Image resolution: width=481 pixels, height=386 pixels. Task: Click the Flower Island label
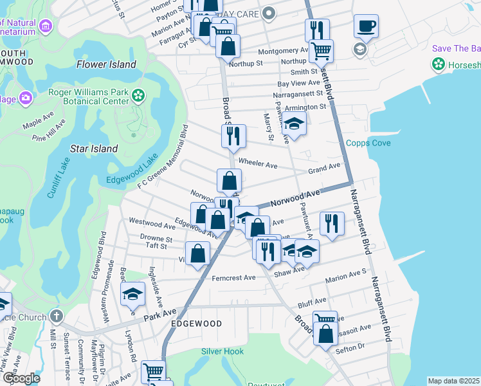[x=106, y=64]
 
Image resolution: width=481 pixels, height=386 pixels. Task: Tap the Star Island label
[x=94, y=149]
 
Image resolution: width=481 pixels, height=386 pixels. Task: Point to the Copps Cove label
[x=368, y=143]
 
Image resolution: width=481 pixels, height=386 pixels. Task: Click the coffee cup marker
[x=366, y=27]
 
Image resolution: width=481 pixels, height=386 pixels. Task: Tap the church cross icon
[x=57, y=317]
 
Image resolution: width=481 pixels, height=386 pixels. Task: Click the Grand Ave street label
[x=323, y=167]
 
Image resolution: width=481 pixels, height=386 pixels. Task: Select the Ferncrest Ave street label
[x=233, y=278]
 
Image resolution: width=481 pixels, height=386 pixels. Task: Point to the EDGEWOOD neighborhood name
[x=196, y=324]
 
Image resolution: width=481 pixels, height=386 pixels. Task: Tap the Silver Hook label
[x=222, y=351]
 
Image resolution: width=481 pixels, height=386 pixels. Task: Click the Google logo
[x=21, y=378]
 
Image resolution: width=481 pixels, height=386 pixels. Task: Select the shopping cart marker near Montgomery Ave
[x=320, y=50]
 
